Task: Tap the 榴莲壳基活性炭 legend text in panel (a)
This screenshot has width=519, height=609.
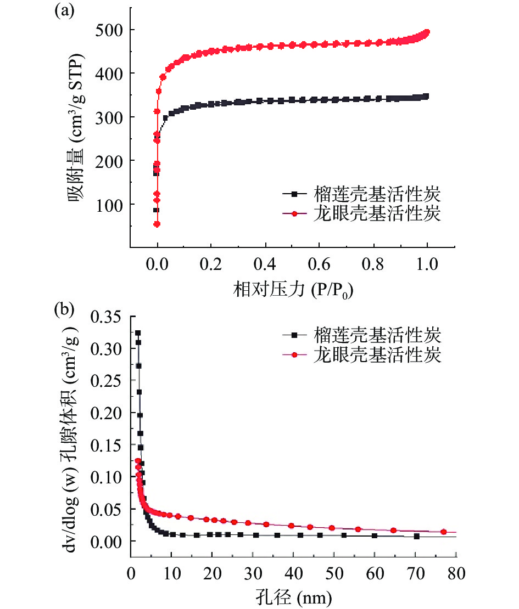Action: pos(377,194)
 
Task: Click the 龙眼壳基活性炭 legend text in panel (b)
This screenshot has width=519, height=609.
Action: pos(377,355)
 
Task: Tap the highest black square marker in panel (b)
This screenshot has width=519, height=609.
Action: pos(138,333)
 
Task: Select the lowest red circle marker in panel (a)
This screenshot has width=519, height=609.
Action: pos(157,224)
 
